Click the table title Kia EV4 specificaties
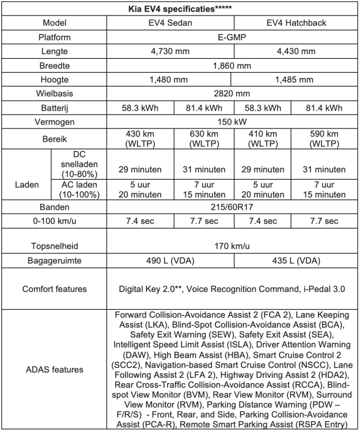tap(179, 9)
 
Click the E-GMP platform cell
tap(233, 37)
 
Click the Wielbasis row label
tap(57, 93)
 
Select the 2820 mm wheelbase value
tap(233, 93)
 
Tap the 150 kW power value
tap(233, 122)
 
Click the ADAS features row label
tap(57, 369)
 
